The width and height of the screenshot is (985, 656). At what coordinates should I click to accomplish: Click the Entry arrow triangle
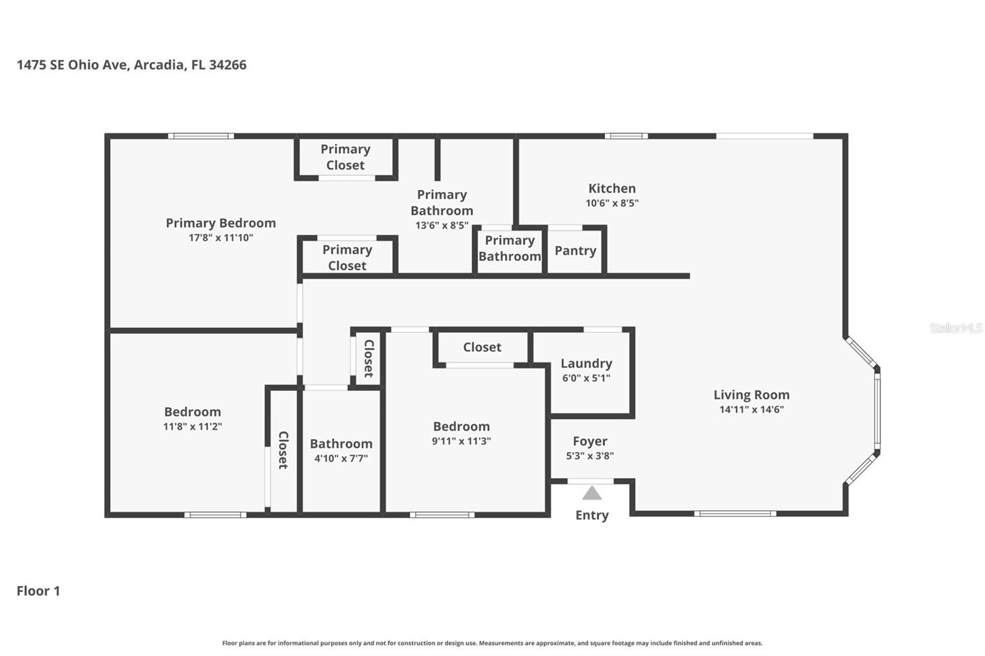point(592,494)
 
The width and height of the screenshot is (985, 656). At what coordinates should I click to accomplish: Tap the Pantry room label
point(575,250)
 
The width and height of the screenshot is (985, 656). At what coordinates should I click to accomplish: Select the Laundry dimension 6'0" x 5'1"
point(586,378)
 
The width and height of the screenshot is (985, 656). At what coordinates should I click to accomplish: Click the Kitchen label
point(611,188)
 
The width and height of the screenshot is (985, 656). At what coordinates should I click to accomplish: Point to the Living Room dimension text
point(751,409)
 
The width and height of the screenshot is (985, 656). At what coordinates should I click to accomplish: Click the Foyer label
point(590,441)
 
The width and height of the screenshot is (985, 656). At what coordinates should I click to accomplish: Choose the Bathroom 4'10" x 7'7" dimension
point(340,458)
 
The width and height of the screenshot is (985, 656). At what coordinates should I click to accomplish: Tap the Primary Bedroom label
point(220,223)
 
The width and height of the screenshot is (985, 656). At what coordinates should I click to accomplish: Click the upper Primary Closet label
point(345,157)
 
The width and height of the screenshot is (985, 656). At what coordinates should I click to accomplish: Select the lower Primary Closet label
point(347,257)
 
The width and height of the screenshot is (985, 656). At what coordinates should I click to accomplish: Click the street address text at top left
point(131,65)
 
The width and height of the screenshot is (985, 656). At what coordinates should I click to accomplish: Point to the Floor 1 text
point(38,591)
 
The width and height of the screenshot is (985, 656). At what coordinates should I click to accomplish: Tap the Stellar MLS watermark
point(955,328)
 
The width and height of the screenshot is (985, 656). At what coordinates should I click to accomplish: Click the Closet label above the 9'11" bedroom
point(482,347)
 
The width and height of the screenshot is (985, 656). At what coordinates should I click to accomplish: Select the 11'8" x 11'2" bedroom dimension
point(192,426)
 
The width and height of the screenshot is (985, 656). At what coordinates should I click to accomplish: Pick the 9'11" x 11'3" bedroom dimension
point(461,441)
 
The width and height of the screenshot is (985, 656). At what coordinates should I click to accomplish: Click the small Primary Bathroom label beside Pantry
point(509,248)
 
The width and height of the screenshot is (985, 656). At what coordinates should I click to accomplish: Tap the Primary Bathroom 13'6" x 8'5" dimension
point(441,225)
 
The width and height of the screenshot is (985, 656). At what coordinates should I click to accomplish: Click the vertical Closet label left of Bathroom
point(283,450)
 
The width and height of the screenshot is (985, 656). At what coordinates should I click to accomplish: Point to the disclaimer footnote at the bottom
point(492,642)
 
